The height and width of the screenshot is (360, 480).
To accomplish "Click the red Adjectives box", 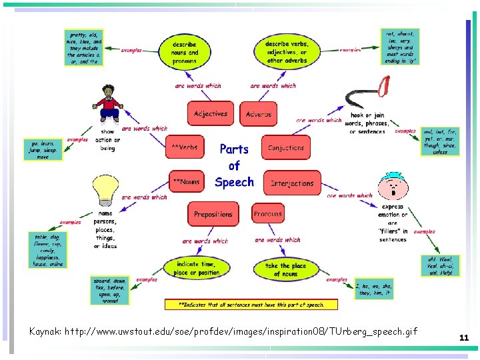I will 211,114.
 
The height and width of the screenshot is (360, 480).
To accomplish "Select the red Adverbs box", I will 258,114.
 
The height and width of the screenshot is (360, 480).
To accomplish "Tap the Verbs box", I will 185,147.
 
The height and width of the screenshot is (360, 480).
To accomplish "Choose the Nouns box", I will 186,181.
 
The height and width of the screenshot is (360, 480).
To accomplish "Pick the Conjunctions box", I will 285,147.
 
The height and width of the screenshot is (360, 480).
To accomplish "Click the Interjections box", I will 292,183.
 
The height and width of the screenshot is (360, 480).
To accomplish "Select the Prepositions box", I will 213,214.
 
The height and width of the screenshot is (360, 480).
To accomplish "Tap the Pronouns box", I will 268,213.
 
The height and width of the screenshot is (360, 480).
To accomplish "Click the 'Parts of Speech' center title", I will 234,165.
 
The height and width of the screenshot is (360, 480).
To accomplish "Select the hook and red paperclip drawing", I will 367,93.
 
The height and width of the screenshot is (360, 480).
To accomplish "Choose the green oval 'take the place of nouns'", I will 285,269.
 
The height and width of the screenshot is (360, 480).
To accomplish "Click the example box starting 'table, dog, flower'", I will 47,250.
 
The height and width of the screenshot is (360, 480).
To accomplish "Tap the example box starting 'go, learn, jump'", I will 43,150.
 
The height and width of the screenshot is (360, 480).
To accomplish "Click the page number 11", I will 464,338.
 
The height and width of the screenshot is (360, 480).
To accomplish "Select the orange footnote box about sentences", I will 251,305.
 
